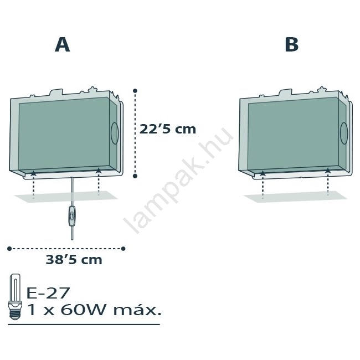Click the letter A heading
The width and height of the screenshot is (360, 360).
coord(62,45)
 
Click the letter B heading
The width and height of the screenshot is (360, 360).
coord(291,44)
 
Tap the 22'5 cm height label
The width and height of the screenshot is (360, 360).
coord(168,129)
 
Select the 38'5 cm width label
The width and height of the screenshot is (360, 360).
coord(74,260)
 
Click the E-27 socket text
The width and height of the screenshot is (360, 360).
coord(48,293)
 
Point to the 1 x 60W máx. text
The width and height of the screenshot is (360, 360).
coord(94,310)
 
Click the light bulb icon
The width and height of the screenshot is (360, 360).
coord(15,297)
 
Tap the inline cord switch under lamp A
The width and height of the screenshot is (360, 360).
coord(73,216)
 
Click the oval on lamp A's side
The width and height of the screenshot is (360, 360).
coord(115,133)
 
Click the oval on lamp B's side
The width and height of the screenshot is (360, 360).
coord(344,133)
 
